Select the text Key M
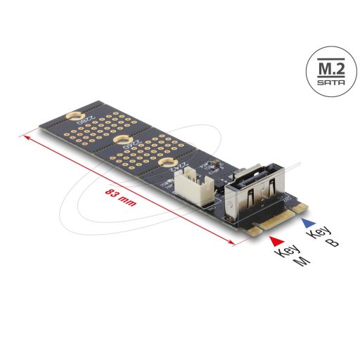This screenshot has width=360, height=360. tap(288, 259)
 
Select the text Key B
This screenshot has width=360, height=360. tap(324, 238)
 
